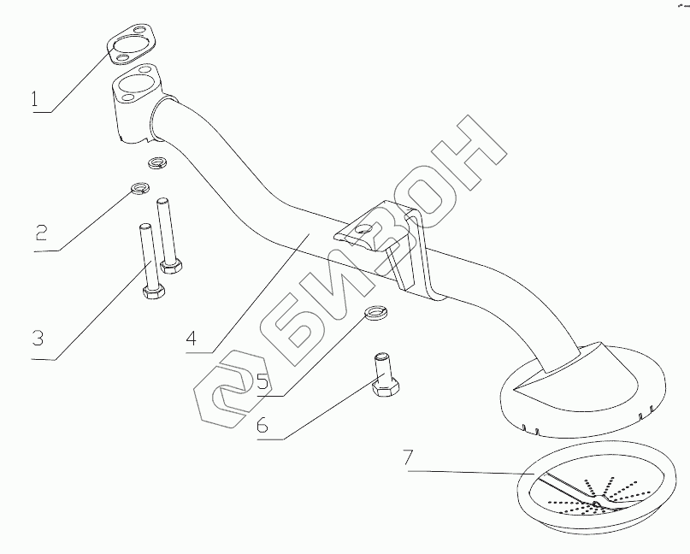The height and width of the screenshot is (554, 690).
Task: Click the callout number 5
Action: (263, 382)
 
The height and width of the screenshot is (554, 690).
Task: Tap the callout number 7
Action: (410, 459)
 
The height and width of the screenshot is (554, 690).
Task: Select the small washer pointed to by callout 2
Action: (138, 188)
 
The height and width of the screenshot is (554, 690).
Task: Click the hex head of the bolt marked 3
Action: (155, 294)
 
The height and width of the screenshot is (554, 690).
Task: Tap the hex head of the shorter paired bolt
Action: (169, 266)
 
